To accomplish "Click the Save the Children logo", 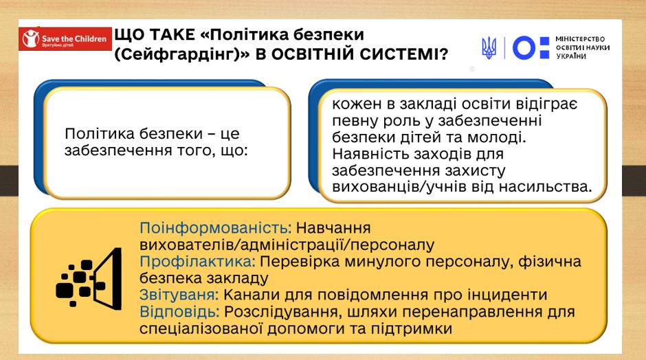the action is pos(65,39).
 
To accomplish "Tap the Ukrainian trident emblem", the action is pos(489,48).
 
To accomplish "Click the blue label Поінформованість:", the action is pos(216,228).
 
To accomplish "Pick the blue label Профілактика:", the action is pos(198,262).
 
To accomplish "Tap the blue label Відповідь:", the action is pos(179,312).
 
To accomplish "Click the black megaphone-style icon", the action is pos(89,278).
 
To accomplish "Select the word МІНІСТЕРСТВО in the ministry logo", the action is pos(580,39).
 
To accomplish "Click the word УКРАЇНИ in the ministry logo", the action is pos(571,56).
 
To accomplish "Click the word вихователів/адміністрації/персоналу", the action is pos(287,245).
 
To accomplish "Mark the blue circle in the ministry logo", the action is pos(524,48).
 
